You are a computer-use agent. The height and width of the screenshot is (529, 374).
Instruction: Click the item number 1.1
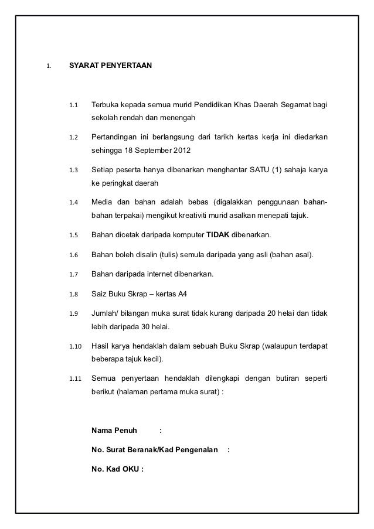tap(73, 106)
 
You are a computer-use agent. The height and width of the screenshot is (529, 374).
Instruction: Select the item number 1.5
tap(73, 236)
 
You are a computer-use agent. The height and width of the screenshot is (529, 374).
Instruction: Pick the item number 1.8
tap(73, 294)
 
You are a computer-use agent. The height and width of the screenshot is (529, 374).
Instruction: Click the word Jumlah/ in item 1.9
tap(104, 313)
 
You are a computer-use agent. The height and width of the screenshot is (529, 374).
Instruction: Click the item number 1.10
tap(75, 346)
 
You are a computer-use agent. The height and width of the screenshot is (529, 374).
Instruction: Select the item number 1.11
tap(75, 378)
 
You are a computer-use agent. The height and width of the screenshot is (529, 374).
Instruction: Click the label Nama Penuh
tap(115, 431)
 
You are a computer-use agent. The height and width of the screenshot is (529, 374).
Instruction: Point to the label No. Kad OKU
tap(115, 469)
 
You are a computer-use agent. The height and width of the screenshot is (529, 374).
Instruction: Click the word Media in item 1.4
tap(103, 203)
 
